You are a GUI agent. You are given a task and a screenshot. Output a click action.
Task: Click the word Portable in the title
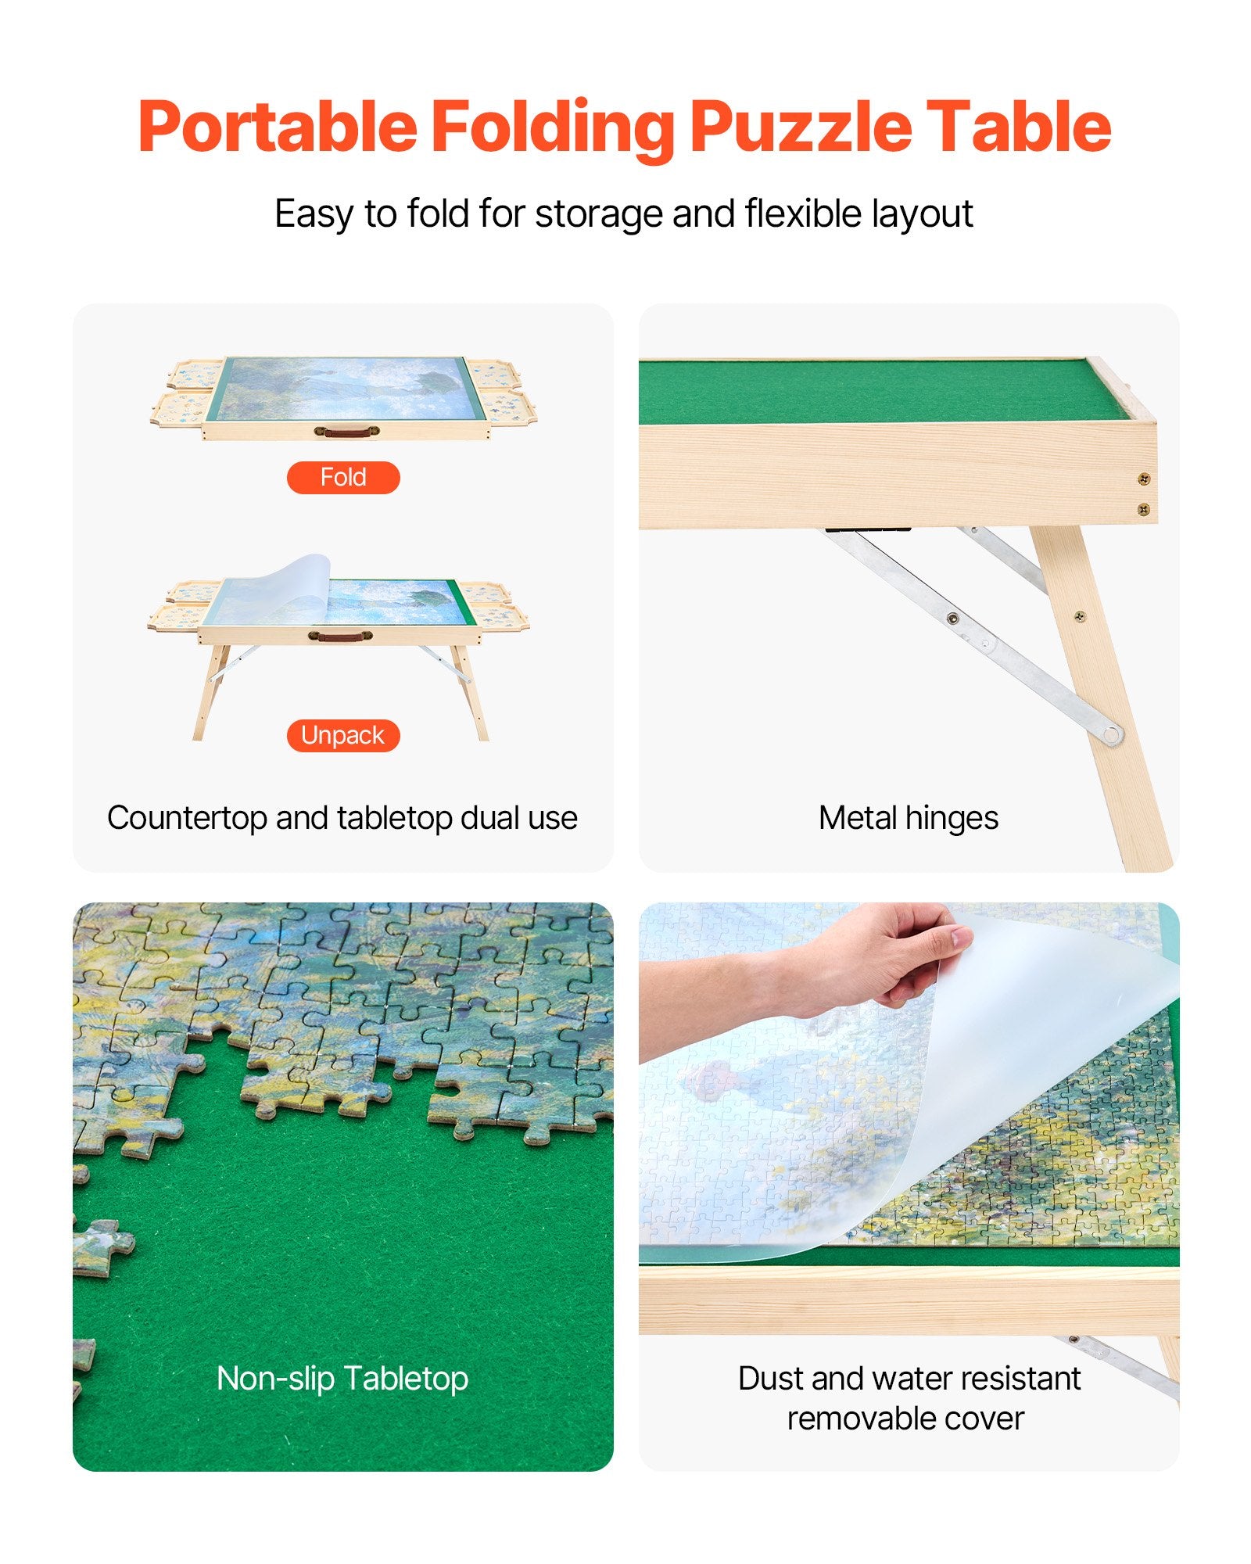point(278,127)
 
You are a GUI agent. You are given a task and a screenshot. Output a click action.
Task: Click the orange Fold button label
point(343,477)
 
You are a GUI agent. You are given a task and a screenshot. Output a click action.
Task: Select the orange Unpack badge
point(343,735)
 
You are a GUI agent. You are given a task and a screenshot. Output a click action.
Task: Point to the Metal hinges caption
point(908,818)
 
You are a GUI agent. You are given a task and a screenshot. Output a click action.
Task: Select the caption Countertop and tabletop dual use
point(342,818)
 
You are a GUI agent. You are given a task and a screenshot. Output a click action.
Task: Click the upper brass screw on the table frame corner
point(1143,479)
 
